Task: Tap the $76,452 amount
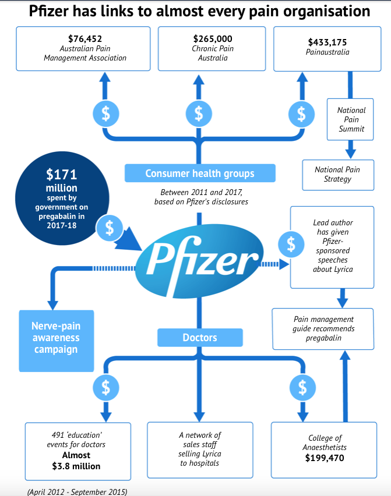[x=85, y=39]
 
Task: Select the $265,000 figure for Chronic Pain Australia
[x=213, y=39]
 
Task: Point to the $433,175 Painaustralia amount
[x=327, y=42]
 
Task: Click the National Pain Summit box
[x=350, y=119]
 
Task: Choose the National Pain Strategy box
[x=338, y=175]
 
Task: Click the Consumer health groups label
[x=200, y=173]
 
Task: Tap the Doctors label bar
[x=200, y=338]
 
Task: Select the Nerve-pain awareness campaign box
[x=57, y=341]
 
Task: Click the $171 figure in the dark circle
[x=61, y=174]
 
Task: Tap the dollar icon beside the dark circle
[x=109, y=228]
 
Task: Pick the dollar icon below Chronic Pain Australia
[x=199, y=114]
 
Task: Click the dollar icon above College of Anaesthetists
[x=302, y=388]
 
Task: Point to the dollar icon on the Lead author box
[x=291, y=244]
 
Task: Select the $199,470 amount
[x=325, y=458]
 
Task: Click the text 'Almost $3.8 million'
[x=76, y=460]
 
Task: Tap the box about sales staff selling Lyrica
[x=200, y=450]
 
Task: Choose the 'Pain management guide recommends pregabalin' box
[x=323, y=329]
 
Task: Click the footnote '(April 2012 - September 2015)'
[x=78, y=491]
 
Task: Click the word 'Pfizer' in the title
[x=49, y=12]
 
